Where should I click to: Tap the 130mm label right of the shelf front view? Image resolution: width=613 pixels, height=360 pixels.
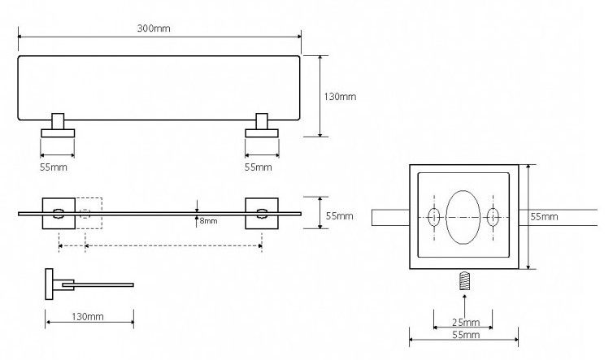[x=341, y=97]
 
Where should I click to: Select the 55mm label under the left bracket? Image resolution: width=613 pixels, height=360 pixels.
[x=55, y=167]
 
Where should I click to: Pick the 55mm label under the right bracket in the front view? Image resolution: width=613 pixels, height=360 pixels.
[x=259, y=167]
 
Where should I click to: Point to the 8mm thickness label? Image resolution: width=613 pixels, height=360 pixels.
[x=207, y=220]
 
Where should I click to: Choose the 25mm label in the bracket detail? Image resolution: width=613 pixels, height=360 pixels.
[x=464, y=323]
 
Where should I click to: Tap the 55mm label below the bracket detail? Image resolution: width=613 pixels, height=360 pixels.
[x=464, y=334]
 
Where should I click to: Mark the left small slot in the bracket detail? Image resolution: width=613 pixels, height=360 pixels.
[x=434, y=217]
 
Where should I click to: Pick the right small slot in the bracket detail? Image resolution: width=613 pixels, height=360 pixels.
[x=493, y=217]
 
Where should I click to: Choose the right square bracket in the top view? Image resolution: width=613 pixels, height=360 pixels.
[x=261, y=213]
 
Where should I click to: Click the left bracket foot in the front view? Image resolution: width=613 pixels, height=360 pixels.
[x=57, y=132]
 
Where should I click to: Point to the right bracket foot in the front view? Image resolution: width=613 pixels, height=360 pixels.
[x=262, y=132]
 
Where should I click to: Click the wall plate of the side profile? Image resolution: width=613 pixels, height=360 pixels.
[x=50, y=282]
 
